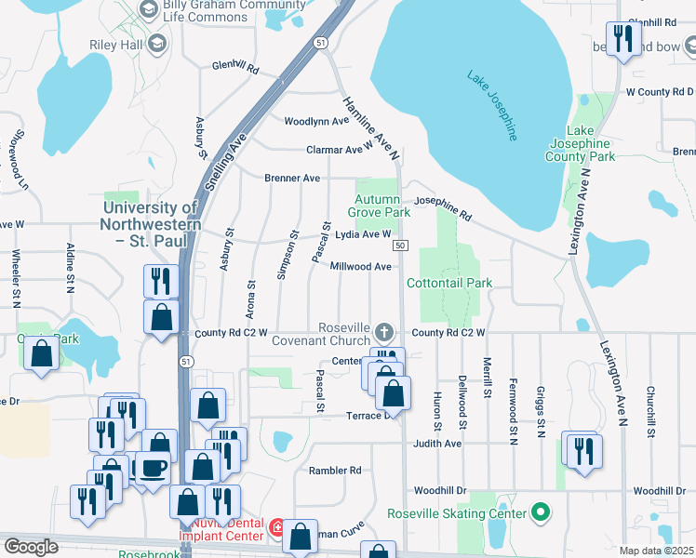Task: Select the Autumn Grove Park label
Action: (x=377, y=206)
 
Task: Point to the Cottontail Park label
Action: (x=448, y=282)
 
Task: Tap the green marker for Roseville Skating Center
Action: (x=538, y=512)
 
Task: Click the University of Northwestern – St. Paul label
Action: (x=153, y=224)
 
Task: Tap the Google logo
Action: (x=31, y=546)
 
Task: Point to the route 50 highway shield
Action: (x=399, y=245)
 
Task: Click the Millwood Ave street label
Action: (x=361, y=267)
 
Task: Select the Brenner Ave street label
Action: (x=292, y=178)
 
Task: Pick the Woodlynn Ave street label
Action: (x=315, y=122)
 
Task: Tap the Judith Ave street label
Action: (x=438, y=444)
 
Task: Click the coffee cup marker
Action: (x=154, y=467)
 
